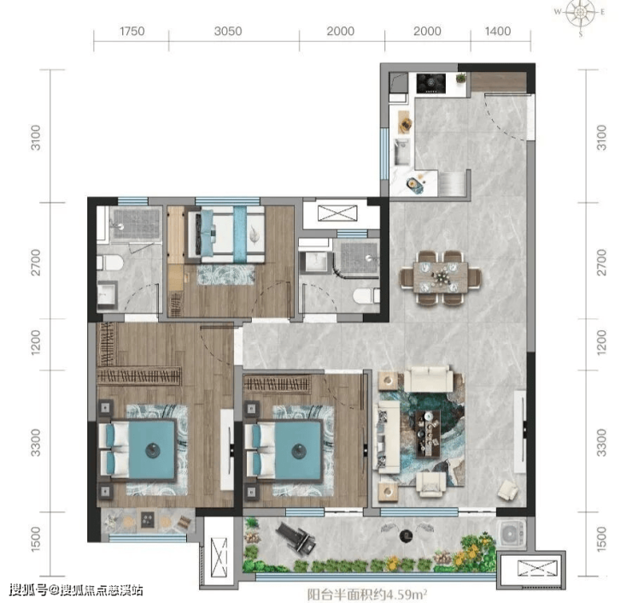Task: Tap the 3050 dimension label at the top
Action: coord(228,31)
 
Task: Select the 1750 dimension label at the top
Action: coord(132,31)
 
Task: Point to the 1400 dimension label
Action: coord(498,31)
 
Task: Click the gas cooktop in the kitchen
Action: coord(431,83)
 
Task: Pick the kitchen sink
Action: coord(401,151)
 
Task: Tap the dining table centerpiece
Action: coord(440,277)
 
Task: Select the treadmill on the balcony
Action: coord(296,536)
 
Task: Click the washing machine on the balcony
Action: coord(512,534)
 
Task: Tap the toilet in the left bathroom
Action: coord(109,263)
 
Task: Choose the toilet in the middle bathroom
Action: coord(366,296)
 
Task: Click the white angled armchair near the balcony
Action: coord(508,490)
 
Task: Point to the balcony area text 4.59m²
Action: coord(407,594)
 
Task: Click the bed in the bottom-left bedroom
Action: coord(138,449)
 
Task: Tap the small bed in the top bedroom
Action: coord(226,234)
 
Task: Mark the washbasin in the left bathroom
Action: coord(108,294)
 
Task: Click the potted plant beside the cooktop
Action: coord(460,78)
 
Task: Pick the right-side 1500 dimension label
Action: coord(601,539)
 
